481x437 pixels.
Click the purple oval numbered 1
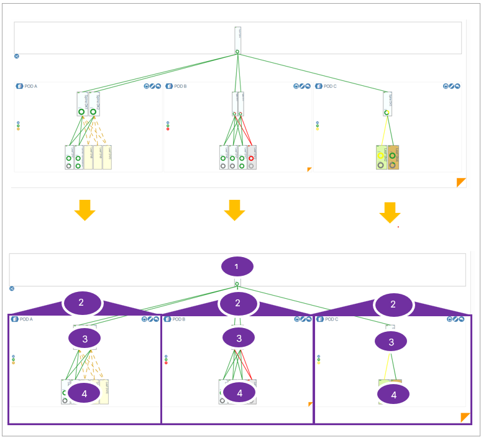click(236, 266)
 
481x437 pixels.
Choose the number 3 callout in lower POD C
click(391, 342)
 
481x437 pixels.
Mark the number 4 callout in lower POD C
click(393, 394)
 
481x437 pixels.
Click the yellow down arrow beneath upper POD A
click(85, 210)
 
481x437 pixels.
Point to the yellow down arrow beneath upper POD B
click(234, 210)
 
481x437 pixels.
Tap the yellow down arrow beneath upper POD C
click(390, 212)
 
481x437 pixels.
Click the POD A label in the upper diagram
click(30, 87)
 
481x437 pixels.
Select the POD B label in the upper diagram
click(180, 87)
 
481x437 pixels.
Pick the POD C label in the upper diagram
click(329, 87)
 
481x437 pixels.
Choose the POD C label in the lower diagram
click(332, 319)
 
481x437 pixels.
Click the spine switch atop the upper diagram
click(237, 40)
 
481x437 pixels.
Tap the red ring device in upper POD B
click(251, 158)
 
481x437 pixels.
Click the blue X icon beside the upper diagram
click(17, 56)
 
